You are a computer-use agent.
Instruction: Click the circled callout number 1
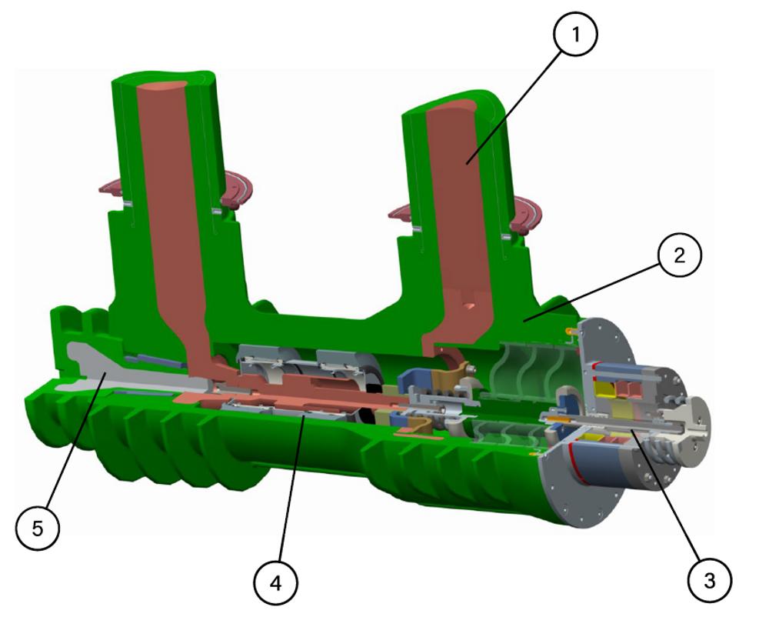click(x=576, y=34)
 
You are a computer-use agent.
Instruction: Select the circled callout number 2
click(x=680, y=255)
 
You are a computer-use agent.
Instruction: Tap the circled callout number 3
click(x=710, y=580)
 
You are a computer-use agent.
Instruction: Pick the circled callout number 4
click(x=275, y=583)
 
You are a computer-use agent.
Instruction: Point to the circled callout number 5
click(x=37, y=529)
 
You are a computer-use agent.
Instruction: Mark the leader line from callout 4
click(x=291, y=489)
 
